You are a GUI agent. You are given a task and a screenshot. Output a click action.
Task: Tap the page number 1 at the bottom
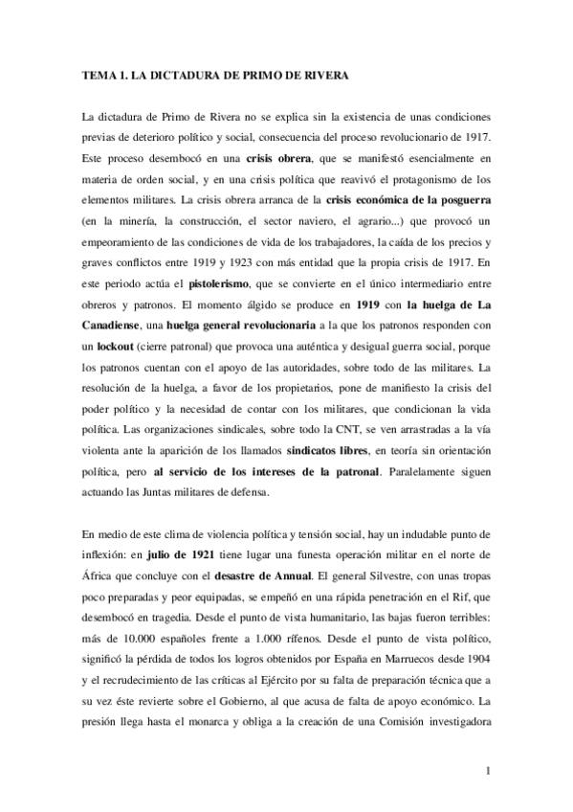(488, 770)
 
